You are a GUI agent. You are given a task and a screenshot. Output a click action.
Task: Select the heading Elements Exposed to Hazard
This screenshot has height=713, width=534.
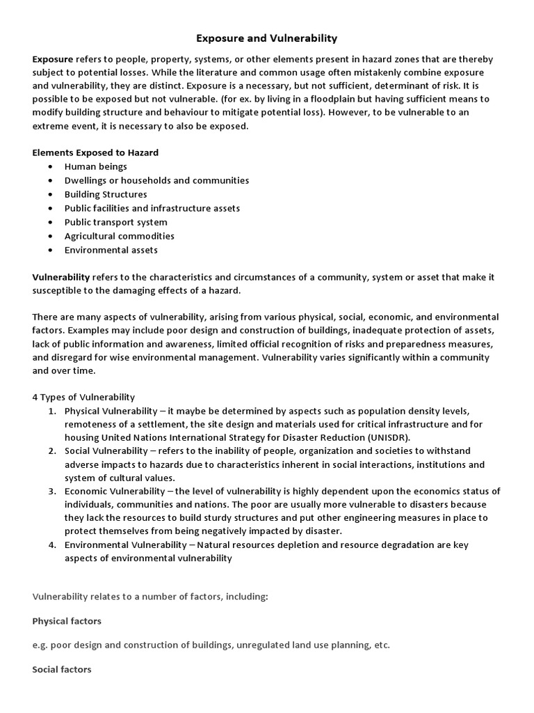point(95,152)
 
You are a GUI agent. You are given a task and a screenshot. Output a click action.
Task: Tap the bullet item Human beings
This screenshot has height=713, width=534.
point(96,166)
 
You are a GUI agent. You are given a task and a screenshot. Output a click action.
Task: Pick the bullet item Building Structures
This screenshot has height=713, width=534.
point(106,194)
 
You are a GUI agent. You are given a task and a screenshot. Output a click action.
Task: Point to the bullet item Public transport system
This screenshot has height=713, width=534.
point(115,222)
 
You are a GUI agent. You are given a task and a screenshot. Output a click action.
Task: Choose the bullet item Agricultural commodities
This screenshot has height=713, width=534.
point(119,236)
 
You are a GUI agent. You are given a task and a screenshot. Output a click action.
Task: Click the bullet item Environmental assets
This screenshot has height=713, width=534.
point(111,250)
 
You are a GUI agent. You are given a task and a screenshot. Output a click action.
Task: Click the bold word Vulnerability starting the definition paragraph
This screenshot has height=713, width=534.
point(61,276)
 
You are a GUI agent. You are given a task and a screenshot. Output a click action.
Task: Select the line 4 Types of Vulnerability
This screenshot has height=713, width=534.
point(83,397)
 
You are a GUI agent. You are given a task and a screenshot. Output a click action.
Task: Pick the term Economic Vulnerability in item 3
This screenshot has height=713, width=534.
point(114,491)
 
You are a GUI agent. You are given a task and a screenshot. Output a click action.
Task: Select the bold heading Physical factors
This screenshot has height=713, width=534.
point(67,620)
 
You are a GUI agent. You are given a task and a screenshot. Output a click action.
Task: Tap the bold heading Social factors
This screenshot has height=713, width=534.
point(62,669)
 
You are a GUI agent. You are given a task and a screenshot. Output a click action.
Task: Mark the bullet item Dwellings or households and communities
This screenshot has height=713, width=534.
point(156,180)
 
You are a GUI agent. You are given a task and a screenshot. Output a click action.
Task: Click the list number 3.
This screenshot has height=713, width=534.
point(52,491)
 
